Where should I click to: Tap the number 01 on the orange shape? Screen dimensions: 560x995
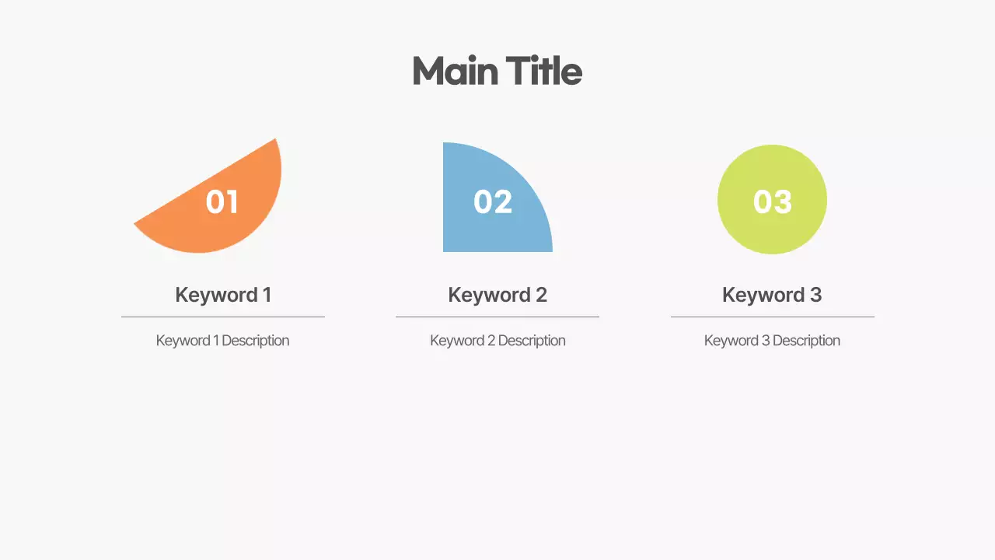222,202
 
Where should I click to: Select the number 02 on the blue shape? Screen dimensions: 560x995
493,202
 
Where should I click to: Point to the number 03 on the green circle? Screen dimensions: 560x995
772,202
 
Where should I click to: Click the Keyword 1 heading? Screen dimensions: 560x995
222,295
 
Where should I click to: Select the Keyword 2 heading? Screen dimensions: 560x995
497,295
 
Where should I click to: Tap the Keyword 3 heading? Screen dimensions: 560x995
772,295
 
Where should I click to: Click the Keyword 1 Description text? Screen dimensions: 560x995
222,341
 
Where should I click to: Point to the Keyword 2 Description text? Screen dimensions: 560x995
497,341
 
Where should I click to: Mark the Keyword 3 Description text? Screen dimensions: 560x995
772,341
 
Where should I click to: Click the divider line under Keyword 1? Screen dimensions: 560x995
222,317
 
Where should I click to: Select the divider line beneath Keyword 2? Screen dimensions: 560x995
497,317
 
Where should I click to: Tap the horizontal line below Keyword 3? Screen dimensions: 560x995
772,317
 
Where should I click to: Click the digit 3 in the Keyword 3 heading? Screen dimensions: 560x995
815,295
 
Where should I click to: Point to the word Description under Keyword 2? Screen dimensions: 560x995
532,341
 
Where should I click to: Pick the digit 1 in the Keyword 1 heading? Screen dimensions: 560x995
267,295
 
